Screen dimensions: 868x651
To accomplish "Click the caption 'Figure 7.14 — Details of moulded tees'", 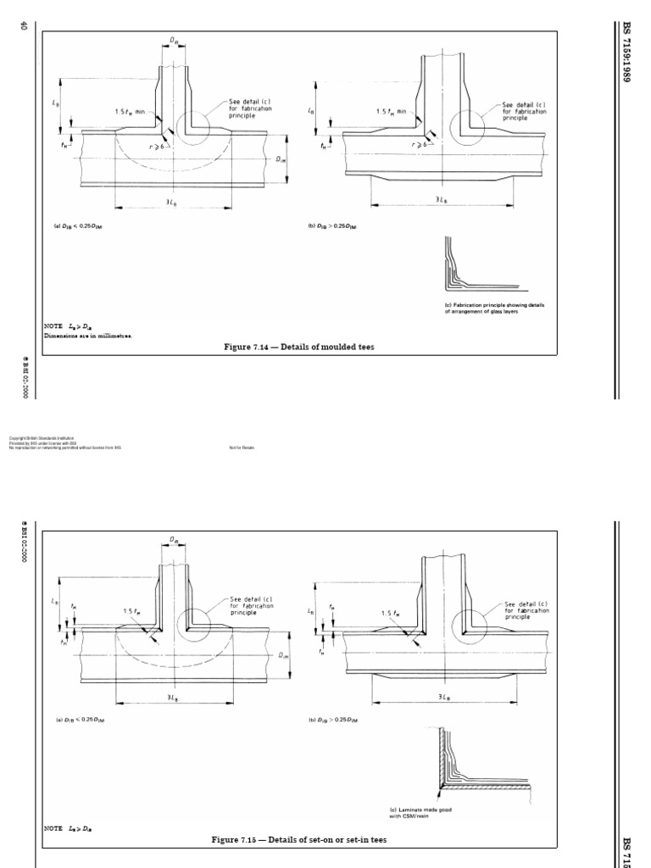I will tap(299, 347).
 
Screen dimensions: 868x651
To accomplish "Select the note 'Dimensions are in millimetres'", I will tap(88, 335).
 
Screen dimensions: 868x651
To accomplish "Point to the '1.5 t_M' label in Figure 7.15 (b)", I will tap(391, 613).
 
